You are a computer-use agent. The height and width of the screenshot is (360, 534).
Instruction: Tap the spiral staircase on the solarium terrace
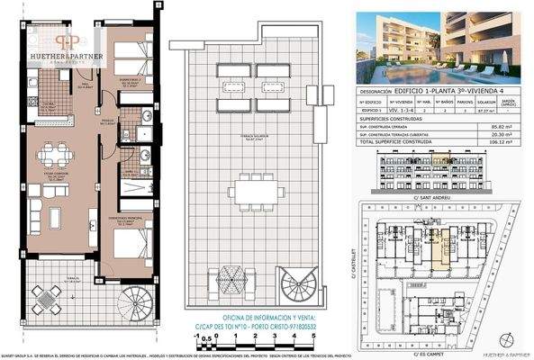click(x=296, y=286)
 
